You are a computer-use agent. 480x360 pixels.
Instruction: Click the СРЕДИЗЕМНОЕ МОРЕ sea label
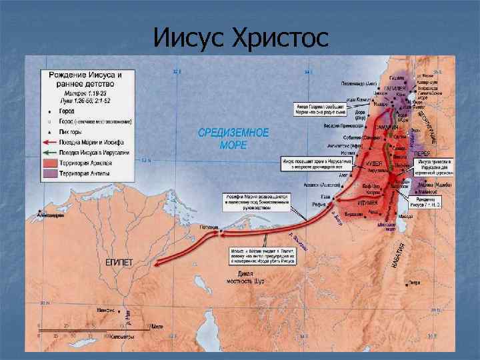[x=233, y=139]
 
